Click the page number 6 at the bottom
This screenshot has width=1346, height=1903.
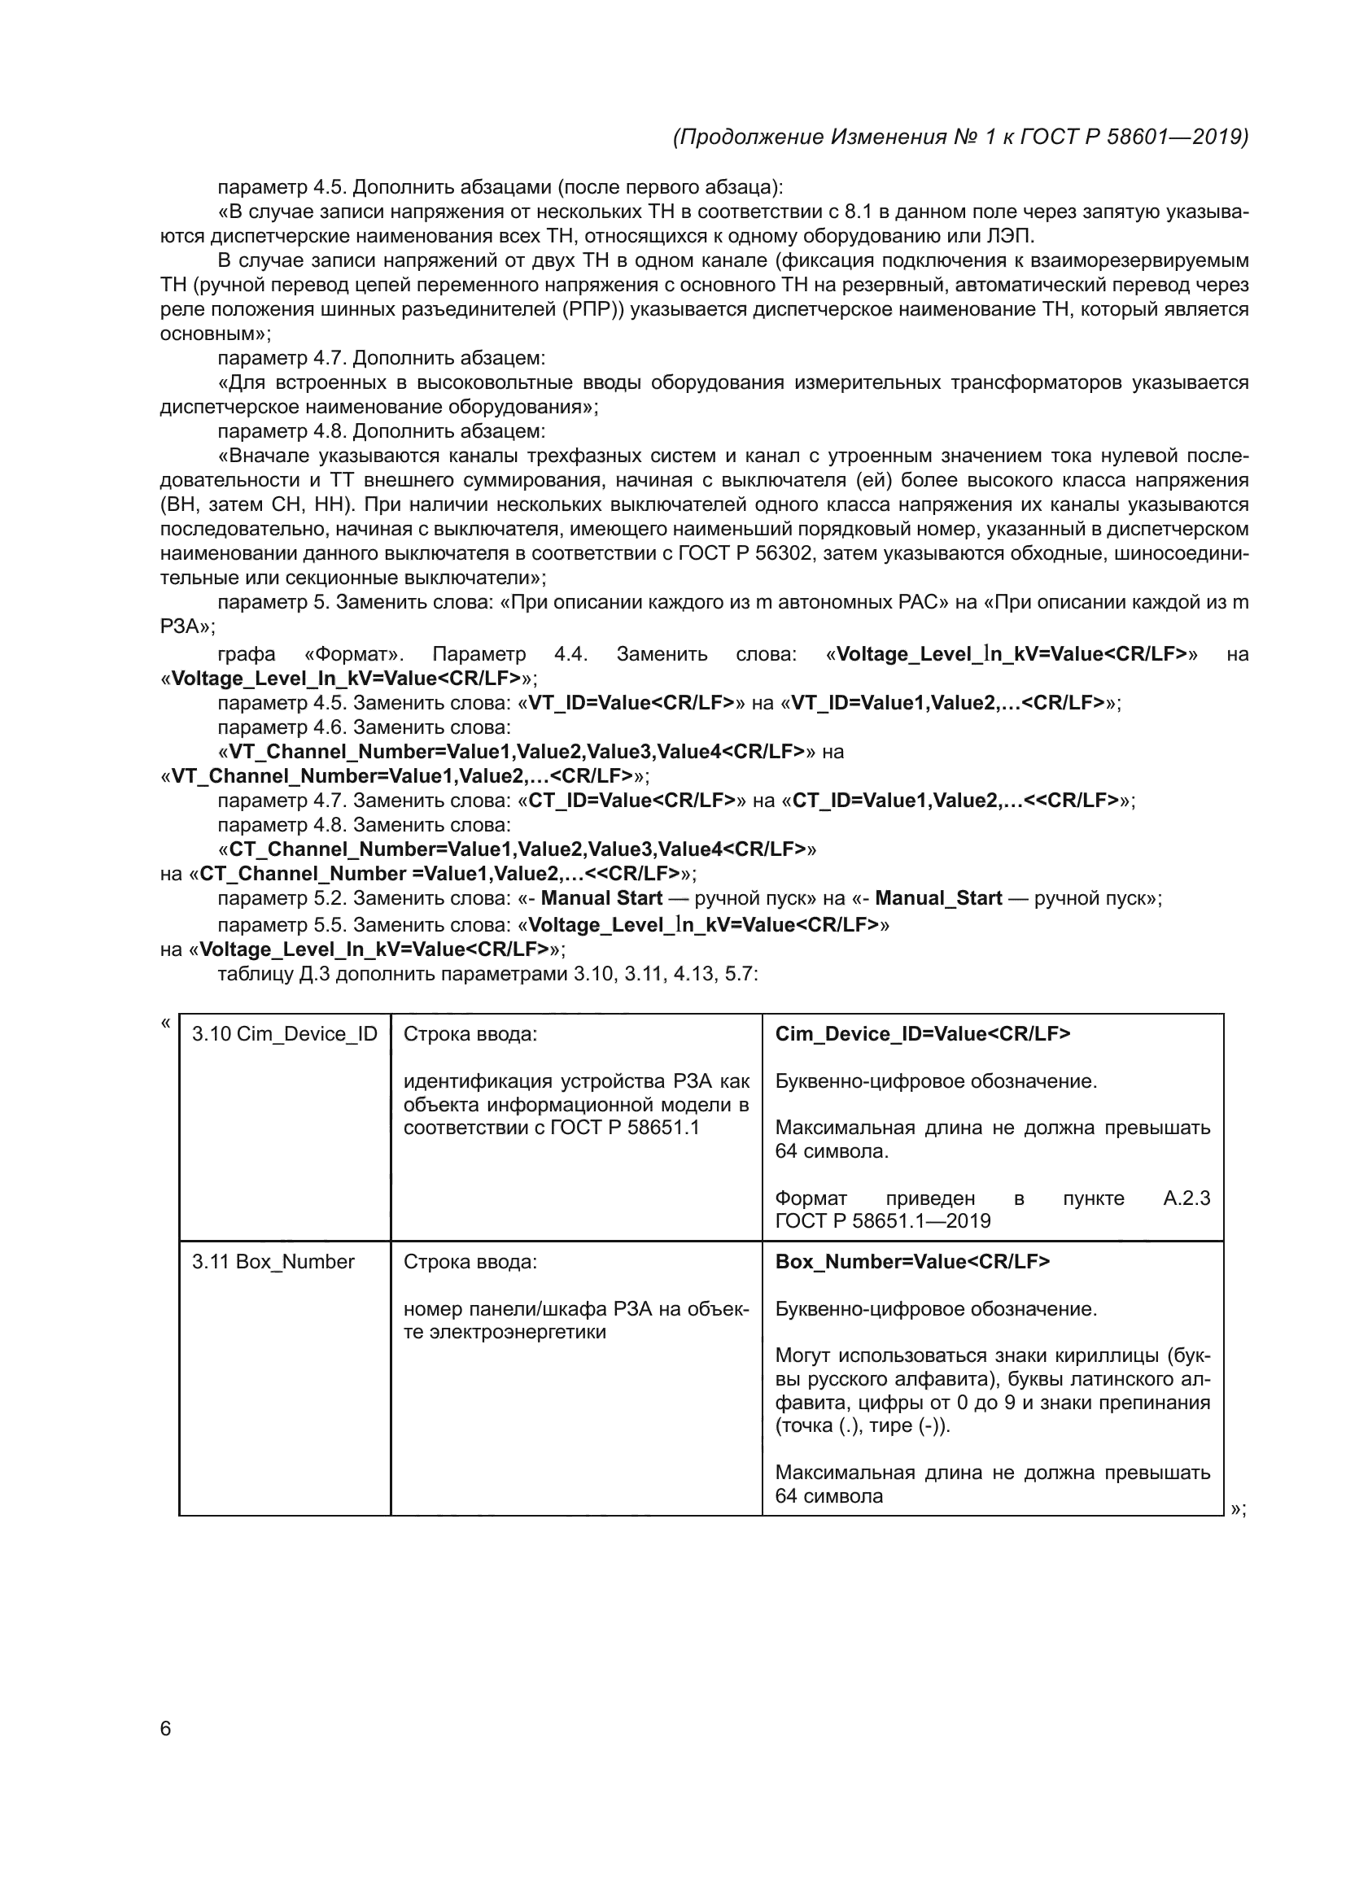coord(166,1728)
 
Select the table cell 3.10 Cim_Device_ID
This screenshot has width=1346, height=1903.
coord(284,1033)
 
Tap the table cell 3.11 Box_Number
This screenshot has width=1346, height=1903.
coord(273,1262)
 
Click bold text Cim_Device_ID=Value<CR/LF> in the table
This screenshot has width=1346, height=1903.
coord(922,1033)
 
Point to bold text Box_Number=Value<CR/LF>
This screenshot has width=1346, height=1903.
coord(911,1262)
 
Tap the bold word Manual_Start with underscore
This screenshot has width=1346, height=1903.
coord(938,897)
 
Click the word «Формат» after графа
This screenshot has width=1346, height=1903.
coord(354,654)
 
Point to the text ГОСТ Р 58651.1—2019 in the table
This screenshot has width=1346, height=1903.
coord(883,1221)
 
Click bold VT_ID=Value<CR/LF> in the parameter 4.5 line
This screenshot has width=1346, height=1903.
coord(631,703)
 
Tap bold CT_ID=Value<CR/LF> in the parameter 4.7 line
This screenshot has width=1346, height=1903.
coord(632,800)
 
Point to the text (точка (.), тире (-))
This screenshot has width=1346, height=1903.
coord(862,1425)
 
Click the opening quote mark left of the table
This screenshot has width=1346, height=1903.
coord(165,1022)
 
